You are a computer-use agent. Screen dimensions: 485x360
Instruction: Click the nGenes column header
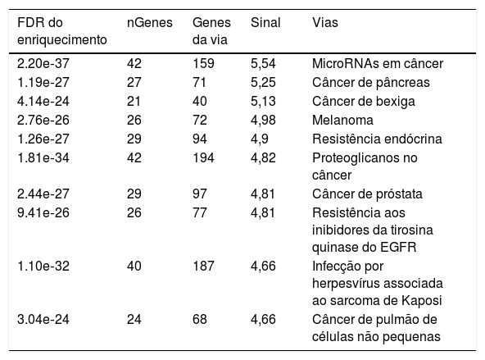click(150, 23)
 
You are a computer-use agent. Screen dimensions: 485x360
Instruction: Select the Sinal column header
click(265, 23)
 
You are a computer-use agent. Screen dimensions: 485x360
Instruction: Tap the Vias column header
click(325, 23)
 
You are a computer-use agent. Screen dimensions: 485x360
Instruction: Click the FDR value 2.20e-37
click(43, 63)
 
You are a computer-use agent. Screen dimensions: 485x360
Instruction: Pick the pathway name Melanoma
click(342, 120)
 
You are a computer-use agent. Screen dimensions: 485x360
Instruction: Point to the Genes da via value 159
click(203, 63)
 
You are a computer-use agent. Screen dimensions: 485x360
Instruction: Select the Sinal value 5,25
click(263, 82)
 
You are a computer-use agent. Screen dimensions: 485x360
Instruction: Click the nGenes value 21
click(134, 101)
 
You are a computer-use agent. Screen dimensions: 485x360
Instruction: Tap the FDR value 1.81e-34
click(43, 158)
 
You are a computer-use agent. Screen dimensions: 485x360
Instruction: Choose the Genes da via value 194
click(203, 158)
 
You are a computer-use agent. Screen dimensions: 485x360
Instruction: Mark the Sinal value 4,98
click(263, 120)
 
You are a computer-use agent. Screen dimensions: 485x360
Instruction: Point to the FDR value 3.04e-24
click(43, 320)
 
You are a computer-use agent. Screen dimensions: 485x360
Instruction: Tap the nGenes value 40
click(134, 267)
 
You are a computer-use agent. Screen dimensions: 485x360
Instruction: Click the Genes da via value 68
click(200, 320)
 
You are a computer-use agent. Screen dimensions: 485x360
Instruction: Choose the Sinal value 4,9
click(260, 139)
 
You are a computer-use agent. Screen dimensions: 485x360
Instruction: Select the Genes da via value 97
click(200, 194)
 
